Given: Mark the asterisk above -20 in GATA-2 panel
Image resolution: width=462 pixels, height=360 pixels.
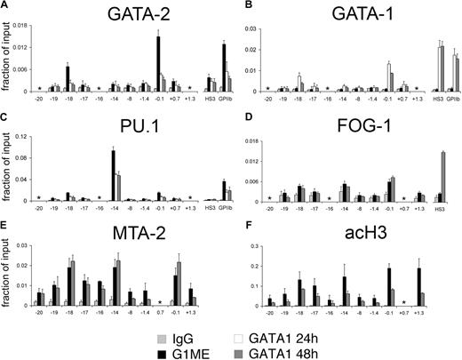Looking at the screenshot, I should point(39,88).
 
